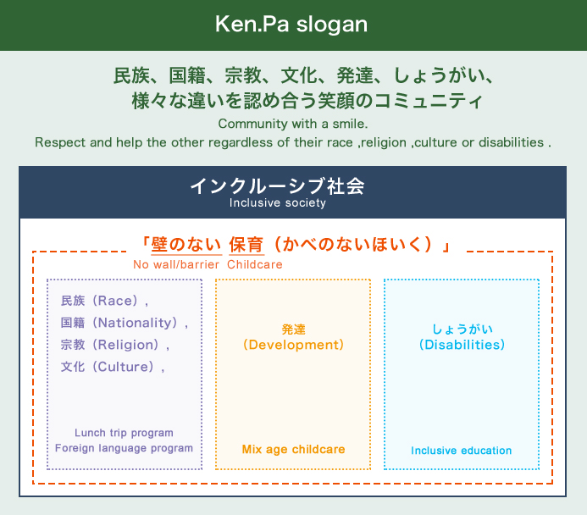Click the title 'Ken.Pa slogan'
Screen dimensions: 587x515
[x=291, y=25]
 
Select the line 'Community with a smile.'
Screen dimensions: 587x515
[x=293, y=124]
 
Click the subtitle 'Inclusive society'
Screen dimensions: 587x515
[x=277, y=202]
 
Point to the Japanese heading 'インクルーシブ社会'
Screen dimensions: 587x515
[x=277, y=186]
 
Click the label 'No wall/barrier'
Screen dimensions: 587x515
[x=176, y=264]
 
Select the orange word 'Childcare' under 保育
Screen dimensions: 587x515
[x=255, y=264]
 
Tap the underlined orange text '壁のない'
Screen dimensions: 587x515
[x=186, y=245]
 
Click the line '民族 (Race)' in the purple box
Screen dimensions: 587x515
[x=104, y=301]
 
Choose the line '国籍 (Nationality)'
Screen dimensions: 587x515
[x=125, y=323]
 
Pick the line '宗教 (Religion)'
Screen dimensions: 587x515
[x=115, y=345]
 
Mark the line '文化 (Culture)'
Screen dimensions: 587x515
[x=113, y=367]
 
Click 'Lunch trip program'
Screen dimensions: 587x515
[x=124, y=433]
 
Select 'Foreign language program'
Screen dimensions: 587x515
[x=124, y=448]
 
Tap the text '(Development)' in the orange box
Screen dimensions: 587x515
[x=293, y=345]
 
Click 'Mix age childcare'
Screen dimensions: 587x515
[x=293, y=449]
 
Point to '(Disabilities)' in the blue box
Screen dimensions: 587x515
[x=462, y=345]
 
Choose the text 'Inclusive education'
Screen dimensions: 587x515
[x=461, y=451]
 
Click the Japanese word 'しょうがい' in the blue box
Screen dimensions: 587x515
[x=462, y=329]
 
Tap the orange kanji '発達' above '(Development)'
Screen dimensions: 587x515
[x=293, y=329]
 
